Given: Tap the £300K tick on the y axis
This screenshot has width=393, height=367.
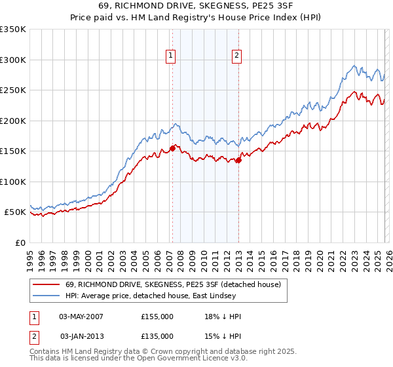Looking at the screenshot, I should [13, 60].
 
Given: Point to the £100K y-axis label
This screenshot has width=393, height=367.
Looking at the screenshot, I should [13, 182].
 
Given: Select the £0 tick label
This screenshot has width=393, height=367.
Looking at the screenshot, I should [20, 242].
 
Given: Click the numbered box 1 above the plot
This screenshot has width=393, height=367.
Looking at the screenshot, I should [170, 56].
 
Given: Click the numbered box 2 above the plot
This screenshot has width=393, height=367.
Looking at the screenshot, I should [236, 56].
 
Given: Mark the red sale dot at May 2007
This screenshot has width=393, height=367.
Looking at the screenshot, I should [172, 148].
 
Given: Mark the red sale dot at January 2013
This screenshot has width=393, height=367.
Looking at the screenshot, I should [238, 160].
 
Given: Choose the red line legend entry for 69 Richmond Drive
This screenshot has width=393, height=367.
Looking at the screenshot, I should [173, 284].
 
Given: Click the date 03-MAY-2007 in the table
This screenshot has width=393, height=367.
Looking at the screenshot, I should [81, 317].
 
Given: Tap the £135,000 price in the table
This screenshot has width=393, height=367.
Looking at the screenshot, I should [157, 336].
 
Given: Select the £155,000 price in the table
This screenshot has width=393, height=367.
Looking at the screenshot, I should [157, 317].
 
